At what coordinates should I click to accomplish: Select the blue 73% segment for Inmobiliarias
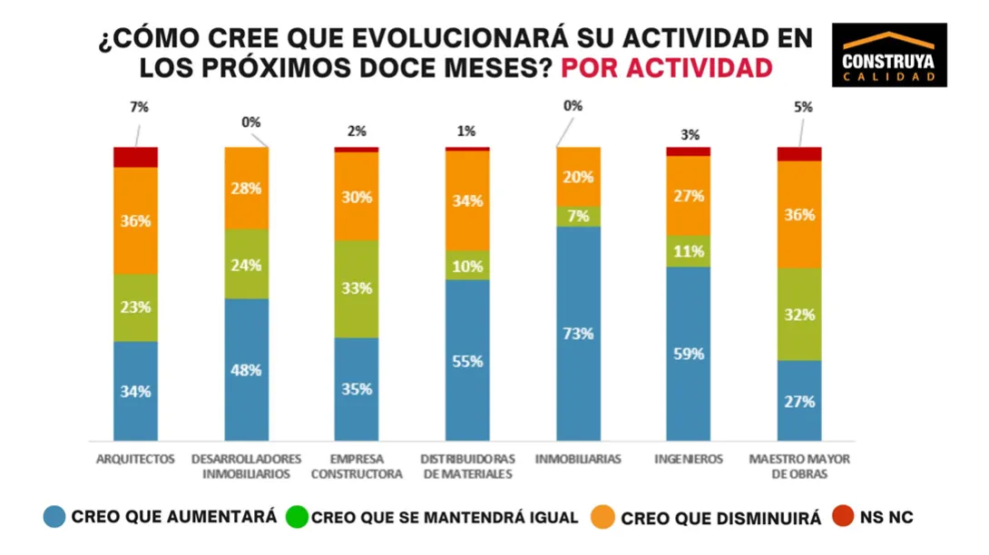pyautogui.click(x=578, y=333)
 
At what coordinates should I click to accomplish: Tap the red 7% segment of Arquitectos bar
pyautogui.click(x=135, y=157)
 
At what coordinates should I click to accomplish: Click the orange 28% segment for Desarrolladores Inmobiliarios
pyautogui.click(x=247, y=188)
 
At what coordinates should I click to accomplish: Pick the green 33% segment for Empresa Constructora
pyautogui.click(x=357, y=288)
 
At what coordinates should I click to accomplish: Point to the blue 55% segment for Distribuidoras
pyautogui.click(x=467, y=360)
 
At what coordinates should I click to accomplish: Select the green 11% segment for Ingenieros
pyautogui.click(x=689, y=251)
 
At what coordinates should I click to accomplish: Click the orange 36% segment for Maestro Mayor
pyautogui.click(x=799, y=214)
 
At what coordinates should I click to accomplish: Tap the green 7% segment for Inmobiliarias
pyautogui.click(x=578, y=216)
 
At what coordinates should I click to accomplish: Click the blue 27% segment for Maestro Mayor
pyautogui.click(x=799, y=401)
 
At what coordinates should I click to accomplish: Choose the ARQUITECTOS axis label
pyautogui.click(x=135, y=460)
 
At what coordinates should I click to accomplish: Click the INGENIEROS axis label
pyautogui.click(x=689, y=460)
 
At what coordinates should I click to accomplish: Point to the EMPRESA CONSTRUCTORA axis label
pyautogui.click(x=357, y=466)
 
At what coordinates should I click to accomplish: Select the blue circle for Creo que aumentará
pyautogui.click(x=54, y=517)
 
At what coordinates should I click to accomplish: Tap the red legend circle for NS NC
pyautogui.click(x=844, y=517)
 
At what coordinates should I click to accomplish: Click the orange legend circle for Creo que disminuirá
pyautogui.click(x=602, y=517)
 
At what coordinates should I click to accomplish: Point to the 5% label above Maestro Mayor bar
pyautogui.click(x=802, y=107)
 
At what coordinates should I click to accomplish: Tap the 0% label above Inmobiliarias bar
pyautogui.click(x=573, y=106)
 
